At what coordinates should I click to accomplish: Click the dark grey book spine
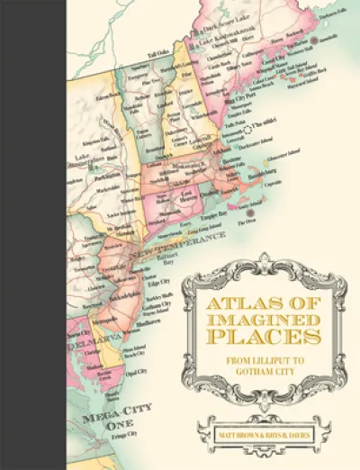pyautogui.click(x=32, y=235)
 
